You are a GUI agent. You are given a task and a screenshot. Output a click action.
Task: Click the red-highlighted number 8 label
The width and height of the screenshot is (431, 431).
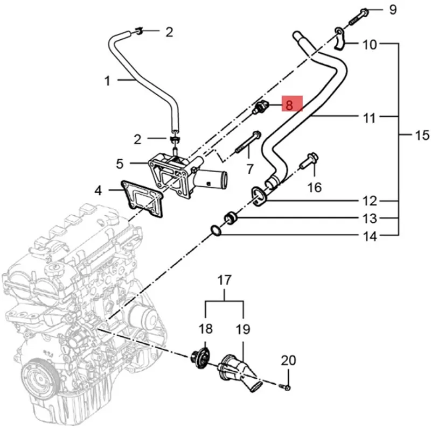[x=289, y=104]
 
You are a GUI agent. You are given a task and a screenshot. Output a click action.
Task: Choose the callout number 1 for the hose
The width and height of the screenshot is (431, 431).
[x=107, y=81]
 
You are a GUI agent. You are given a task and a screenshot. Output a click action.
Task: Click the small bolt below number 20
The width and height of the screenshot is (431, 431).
[x=287, y=387]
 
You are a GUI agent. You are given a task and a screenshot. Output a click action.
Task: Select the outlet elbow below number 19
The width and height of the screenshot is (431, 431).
[x=237, y=371]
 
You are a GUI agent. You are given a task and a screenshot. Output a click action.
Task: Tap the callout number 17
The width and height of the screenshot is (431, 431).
[x=224, y=280]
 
